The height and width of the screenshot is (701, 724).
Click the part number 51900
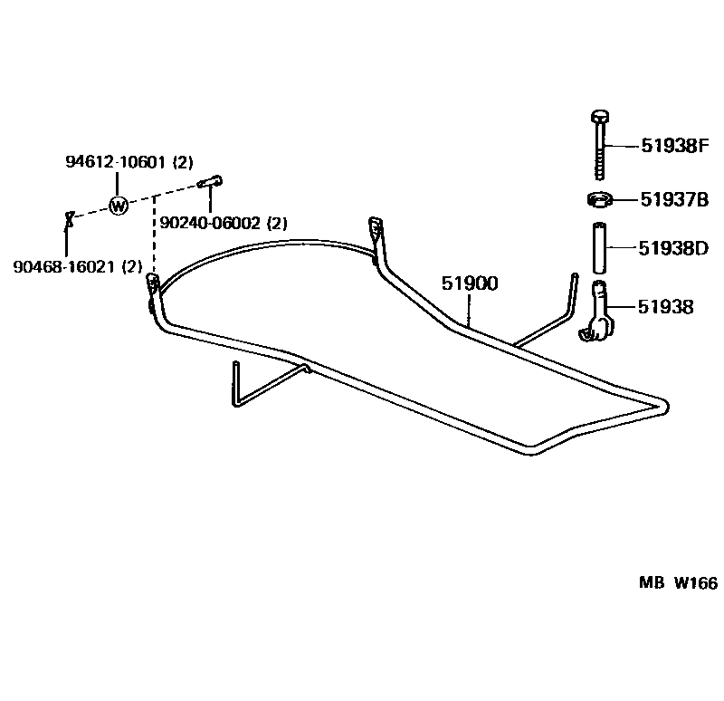[470, 283]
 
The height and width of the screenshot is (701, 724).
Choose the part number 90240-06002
[211, 223]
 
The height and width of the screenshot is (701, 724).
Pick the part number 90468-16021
[64, 266]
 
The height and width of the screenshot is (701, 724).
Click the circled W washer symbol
[118, 206]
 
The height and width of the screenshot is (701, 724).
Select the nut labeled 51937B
[597, 199]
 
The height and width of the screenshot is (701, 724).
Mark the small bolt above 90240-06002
[210, 183]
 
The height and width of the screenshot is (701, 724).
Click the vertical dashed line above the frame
[151, 235]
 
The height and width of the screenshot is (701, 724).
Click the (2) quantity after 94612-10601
[184, 162]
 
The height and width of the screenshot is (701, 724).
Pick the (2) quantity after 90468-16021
[132, 266]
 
